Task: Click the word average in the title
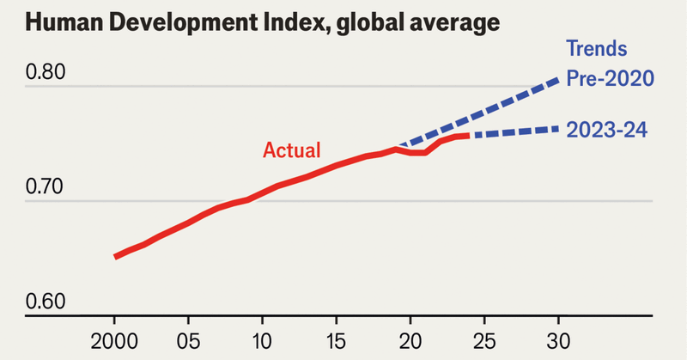pyautogui.click(x=451, y=23)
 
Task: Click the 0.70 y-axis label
pyautogui.click(x=47, y=186)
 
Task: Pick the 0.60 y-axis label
pyautogui.click(x=47, y=302)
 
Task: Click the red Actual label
pyautogui.click(x=291, y=150)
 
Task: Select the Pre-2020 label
pyautogui.click(x=611, y=79)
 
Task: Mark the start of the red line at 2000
pyautogui.click(x=115, y=256)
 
